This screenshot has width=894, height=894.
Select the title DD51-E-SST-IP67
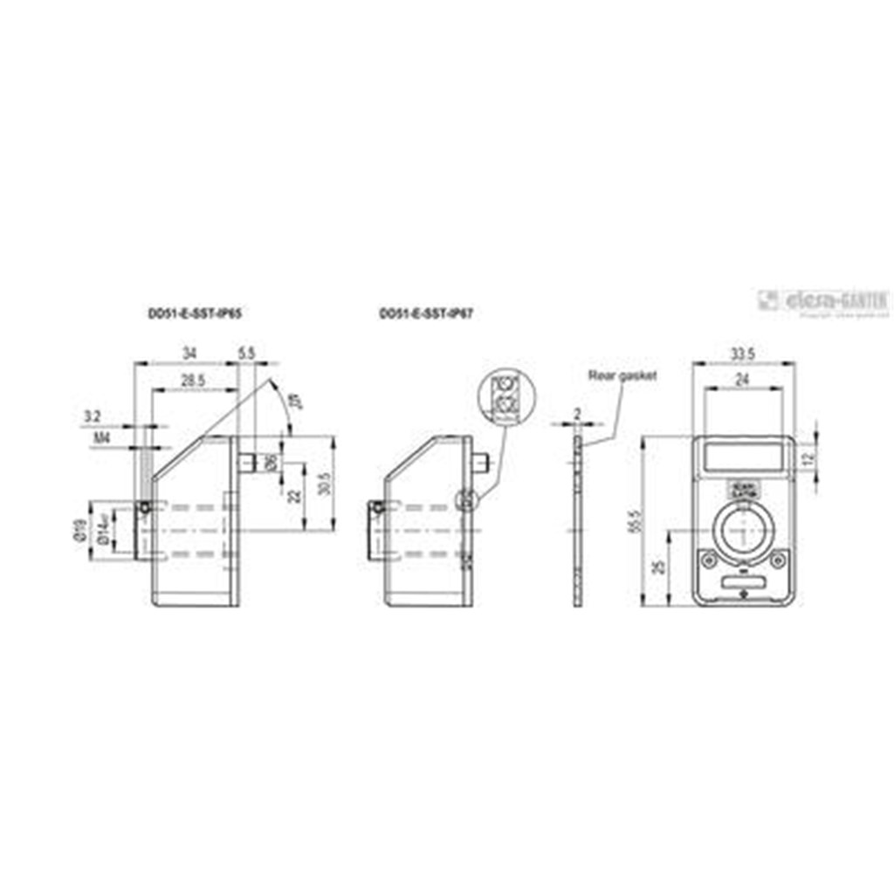(x=426, y=313)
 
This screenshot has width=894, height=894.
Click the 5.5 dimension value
(x=246, y=353)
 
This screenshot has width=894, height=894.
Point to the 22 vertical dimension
(x=295, y=496)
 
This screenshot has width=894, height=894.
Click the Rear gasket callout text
(x=622, y=375)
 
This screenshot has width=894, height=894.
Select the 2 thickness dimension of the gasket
(x=577, y=412)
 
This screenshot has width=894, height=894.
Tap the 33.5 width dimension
(x=744, y=353)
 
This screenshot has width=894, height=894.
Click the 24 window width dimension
(x=744, y=381)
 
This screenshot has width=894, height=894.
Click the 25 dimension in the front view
(x=660, y=567)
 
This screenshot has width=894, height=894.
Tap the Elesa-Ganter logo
(x=822, y=301)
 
